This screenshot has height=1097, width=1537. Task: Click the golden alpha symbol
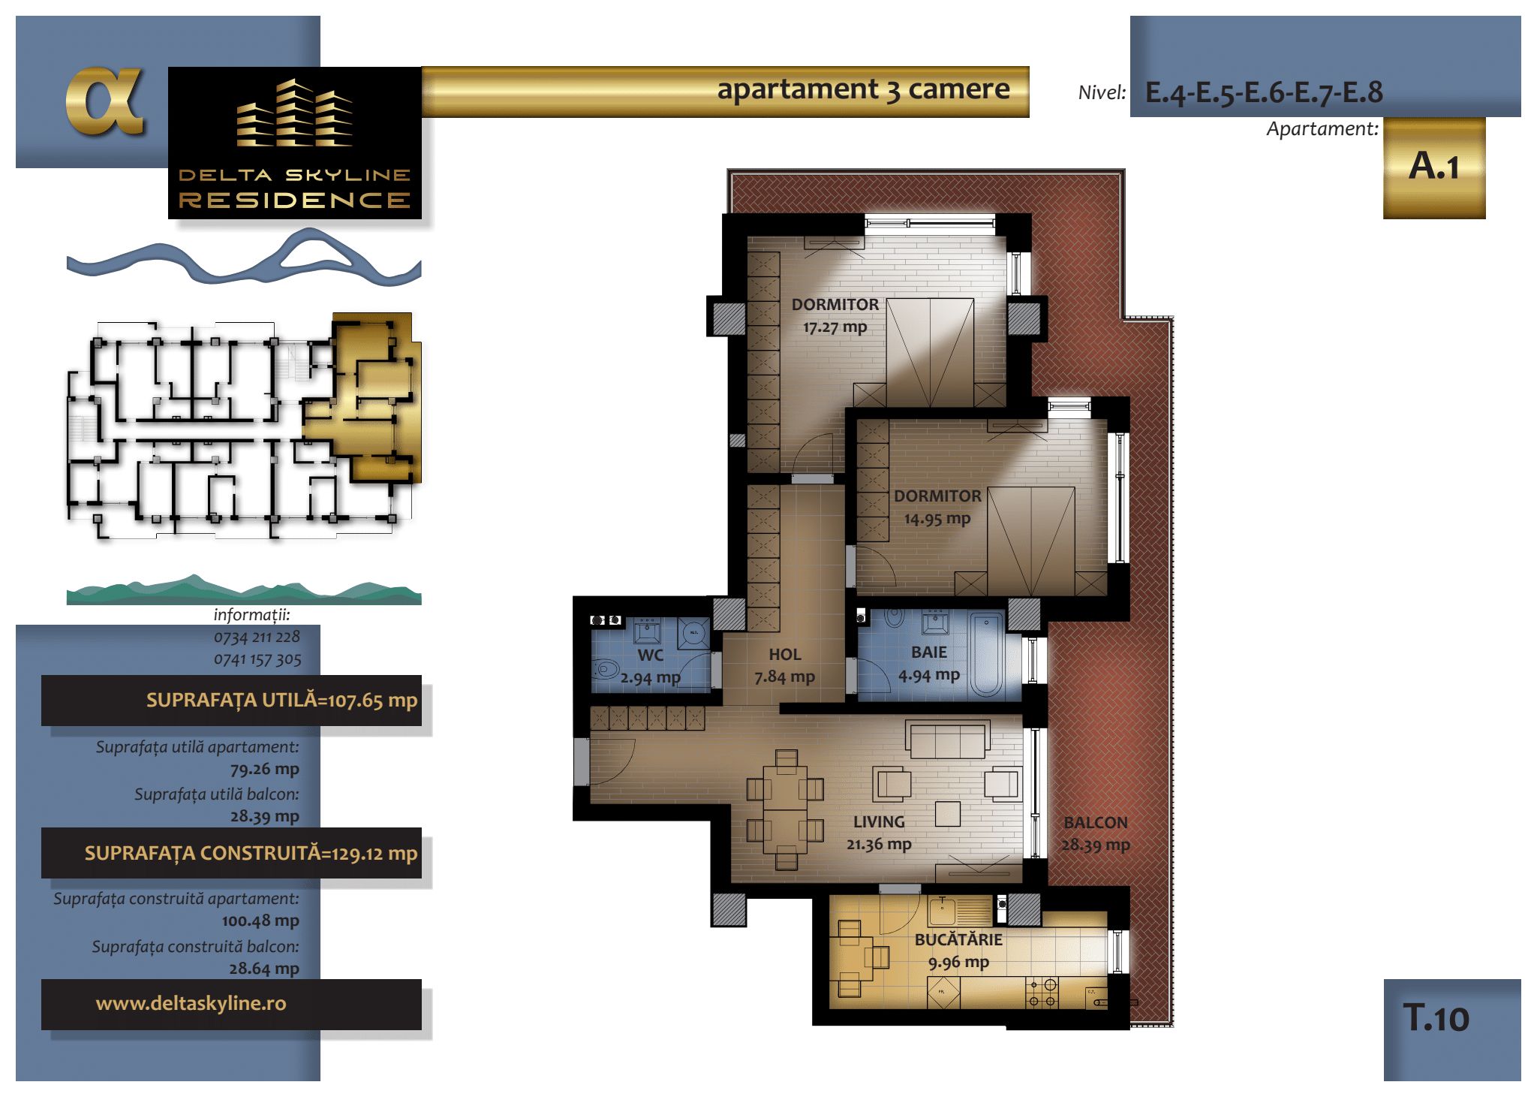pyautogui.click(x=104, y=101)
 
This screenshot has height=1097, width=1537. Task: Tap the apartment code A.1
pyautogui.click(x=1434, y=166)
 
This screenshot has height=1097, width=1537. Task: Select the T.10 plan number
pyautogui.click(x=1436, y=1018)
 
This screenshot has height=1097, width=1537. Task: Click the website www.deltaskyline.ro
pyautogui.click(x=191, y=1003)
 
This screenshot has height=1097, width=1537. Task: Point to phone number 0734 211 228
pyautogui.click(x=257, y=637)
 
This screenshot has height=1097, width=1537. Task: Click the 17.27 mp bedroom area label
pyautogui.click(x=835, y=327)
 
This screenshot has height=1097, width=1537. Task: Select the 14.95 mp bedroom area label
pyautogui.click(x=937, y=518)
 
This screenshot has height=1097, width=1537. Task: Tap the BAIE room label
pyautogui.click(x=929, y=652)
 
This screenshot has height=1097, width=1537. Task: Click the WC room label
pyautogui.click(x=650, y=655)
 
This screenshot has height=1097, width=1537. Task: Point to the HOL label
pyautogui.click(x=785, y=655)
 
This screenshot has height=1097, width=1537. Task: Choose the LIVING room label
pyautogui.click(x=879, y=821)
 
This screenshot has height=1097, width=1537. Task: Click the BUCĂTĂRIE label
pyautogui.click(x=958, y=939)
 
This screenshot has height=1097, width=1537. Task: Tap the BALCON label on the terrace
pyautogui.click(x=1096, y=822)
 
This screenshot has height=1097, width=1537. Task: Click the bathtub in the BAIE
pyautogui.click(x=985, y=655)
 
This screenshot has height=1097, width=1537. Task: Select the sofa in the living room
pyautogui.click(x=947, y=739)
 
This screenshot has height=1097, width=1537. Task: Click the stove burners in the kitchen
pyautogui.click(x=1042, y=992)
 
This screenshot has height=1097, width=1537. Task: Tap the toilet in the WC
pyautogui.click(x=605, y=668)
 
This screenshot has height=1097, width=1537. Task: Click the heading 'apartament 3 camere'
pyautogui.click(x=863, y=89)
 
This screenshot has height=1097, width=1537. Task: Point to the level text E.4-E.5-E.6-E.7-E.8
pyautogui.click(x=1264, y=92)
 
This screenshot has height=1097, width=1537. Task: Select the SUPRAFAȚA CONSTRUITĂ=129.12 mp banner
pyautogui.click(x=231, y=853)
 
